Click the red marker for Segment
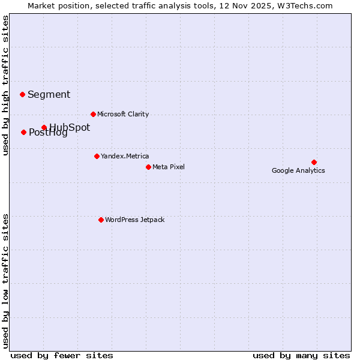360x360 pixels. pos(22,94)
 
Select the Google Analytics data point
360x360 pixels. pos(314,162)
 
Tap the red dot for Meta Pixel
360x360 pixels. pos(148,167)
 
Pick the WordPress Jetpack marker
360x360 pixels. pos(101,220)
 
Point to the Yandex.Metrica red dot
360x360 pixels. pos(97,156)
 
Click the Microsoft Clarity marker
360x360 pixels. pos(93,114)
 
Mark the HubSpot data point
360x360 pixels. pos(44,127)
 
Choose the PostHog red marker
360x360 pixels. pos(23,132)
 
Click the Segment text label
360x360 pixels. pos(49,94)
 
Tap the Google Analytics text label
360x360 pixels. pos(298,170)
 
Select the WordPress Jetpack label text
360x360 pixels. pos(134,220)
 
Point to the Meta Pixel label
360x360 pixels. pos(169,167)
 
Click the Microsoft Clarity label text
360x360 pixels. pos(123,114)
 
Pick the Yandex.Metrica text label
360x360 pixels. pos(125,156)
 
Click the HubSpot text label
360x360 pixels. pos(70,127)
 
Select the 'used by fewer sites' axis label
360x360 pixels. pos(62,355)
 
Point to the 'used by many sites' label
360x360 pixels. pos(301,355)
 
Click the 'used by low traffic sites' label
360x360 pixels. pos(5,280)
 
